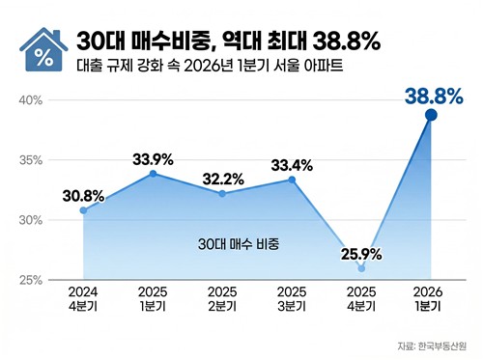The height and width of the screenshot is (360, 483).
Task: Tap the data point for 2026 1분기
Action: (x=431, y=115)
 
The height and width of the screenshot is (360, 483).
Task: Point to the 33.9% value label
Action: (x=152, y=159)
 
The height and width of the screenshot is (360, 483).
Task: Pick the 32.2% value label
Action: (x=222, y=179)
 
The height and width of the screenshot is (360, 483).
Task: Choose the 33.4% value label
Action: (x=292, y=163)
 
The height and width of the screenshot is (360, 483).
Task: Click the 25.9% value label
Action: (x=361, y=255)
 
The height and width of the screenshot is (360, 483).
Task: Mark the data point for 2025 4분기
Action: (x=361, y=268)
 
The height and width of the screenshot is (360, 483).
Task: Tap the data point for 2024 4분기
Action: (x=83, y=209)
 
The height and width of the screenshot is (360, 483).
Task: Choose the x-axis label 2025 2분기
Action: (x=222, y=298)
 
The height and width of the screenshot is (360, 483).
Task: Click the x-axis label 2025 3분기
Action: (x=292, y=298)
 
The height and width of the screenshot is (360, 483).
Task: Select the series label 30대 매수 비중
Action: (x=238, y=245)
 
